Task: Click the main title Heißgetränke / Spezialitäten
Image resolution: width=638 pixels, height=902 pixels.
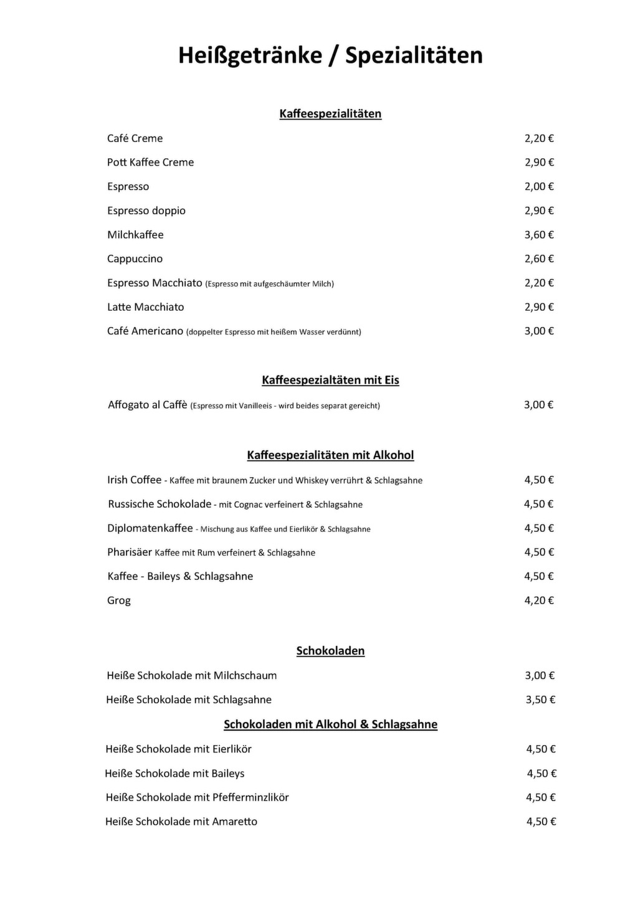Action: pyautogui.click(x=330, y=55)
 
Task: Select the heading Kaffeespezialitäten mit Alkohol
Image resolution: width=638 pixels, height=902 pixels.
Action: pyautogui.click(x=330, y=455)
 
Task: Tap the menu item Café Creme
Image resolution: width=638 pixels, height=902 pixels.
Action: pyautogui.click(x=135, y=138)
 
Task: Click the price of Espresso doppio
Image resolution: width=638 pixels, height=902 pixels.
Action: pyautogui.click(x=539, y=211)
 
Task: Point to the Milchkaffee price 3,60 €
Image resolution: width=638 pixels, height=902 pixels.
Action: pyautogui.click(x=539, y=235)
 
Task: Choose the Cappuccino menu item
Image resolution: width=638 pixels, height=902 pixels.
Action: pyautogui.click(x=135, y=259)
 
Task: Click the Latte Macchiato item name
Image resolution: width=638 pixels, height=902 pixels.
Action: pyautogui.click(x=145, y=307)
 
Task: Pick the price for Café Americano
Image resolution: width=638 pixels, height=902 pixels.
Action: pyautogui.click(x=539, y=331)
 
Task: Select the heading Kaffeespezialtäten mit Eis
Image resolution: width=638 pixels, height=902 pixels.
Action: pyautogui.click(x=330, y=381)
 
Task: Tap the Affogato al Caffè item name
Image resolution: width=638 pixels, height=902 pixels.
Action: pyautogui.click(x=148, y=405)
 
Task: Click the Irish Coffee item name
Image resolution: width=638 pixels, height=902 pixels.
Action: pyautogui.click(x=134, y=480)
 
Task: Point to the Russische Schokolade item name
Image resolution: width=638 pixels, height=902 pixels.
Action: pyautogui.click(x=159, y=504)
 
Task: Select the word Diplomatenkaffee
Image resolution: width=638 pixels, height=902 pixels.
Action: pyautogui.click(x=150, y=528)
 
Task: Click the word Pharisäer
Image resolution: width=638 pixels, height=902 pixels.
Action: pyautogui.click(x=130, y=553)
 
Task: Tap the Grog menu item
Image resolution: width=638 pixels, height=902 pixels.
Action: pyautogui.click(x=119, y=601)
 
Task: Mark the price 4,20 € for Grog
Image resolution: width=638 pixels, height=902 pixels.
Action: pyautogui.click(x=539, y=601)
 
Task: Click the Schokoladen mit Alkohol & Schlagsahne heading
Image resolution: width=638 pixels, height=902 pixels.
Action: pyautogui.click(x=330, y=724)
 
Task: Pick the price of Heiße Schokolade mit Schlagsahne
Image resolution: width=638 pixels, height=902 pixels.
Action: pyautogui.click(x=540, y=700)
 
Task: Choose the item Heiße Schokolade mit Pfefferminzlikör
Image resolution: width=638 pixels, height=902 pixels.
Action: pyautogui.click(x=197, y=797)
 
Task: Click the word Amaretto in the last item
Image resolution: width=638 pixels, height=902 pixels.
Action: pyautogui.click(x=234, y=822)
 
